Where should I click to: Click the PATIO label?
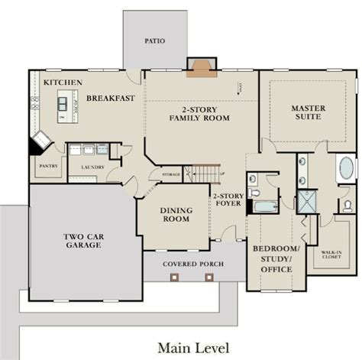154,41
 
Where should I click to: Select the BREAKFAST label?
112,99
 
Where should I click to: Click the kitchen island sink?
63,101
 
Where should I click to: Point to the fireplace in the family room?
202,67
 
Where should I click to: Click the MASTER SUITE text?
307,112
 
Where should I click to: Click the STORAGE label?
171,174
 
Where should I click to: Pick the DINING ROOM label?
175,215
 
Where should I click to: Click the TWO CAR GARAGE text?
78,242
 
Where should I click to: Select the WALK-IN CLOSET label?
331,254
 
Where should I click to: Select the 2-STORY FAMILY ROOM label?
201,113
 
